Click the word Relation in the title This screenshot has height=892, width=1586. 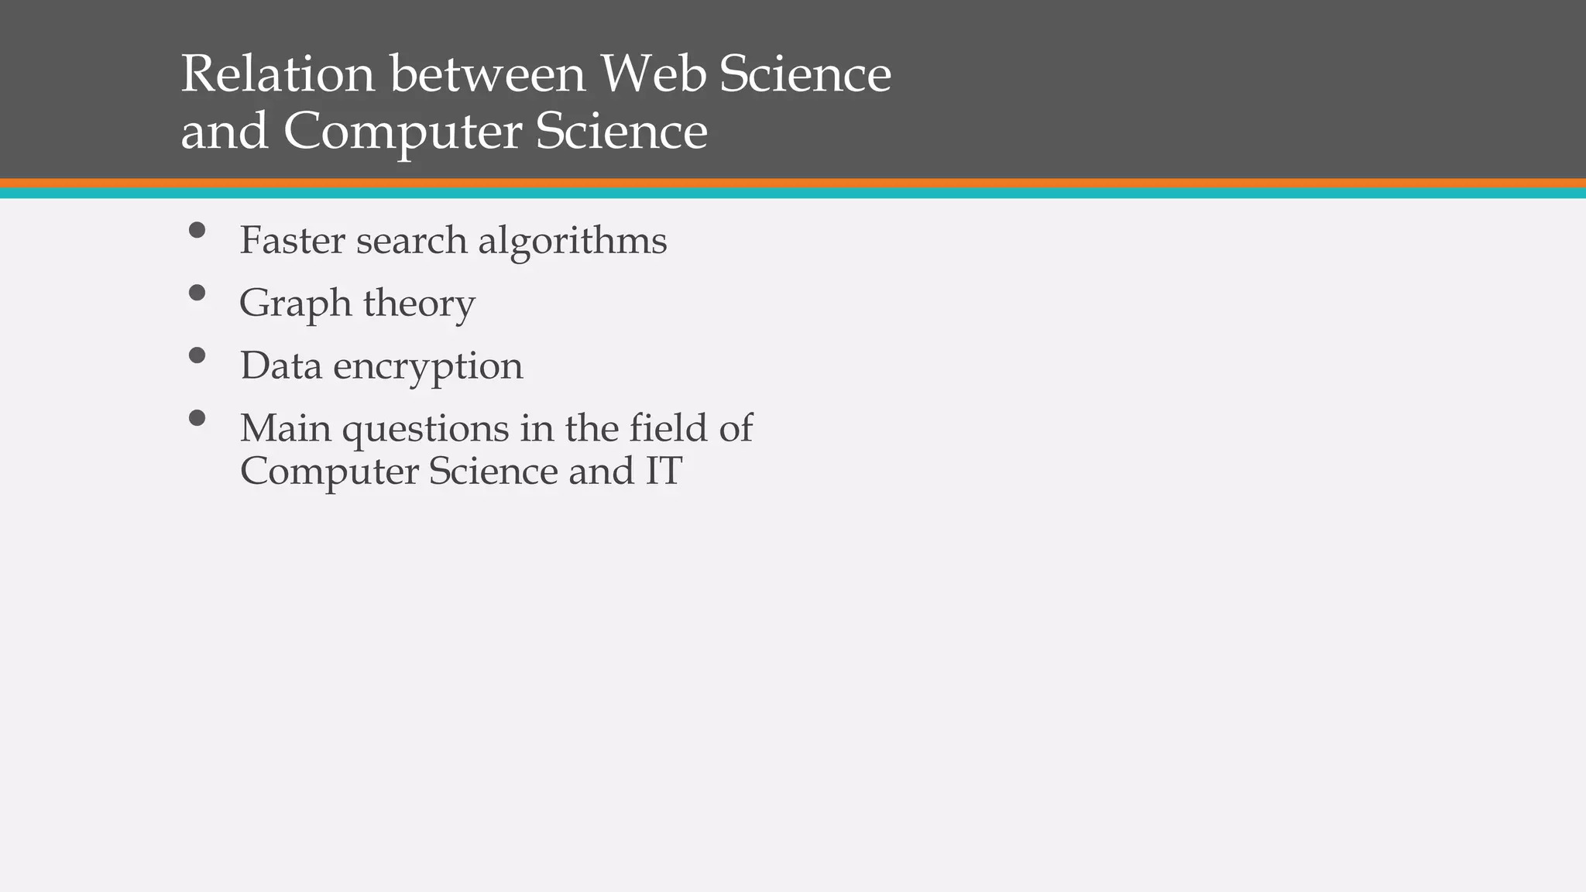[276, 74]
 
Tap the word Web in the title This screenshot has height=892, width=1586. [653, 74]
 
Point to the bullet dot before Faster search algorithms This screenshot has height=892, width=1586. [197, 230]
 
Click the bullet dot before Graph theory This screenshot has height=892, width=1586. [197, 293]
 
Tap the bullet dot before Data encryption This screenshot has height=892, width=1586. [197, 355]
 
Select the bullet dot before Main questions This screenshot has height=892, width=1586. [197, 418]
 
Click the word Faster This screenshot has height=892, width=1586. [292, 240]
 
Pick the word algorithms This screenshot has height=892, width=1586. [572, 241]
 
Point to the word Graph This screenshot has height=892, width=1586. [294, 304]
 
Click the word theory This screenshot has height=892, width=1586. [419, 304]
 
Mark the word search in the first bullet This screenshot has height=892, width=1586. [411, 241]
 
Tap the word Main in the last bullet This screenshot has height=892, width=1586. [285, 428]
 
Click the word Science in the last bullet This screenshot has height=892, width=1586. [493, 471]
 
